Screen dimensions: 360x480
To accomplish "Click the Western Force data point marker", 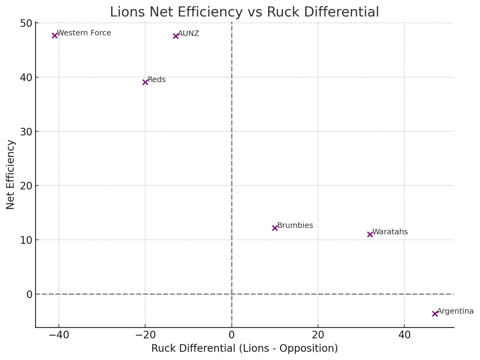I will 55,35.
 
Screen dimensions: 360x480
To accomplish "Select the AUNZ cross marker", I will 176,36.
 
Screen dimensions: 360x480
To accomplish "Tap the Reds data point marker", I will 145,82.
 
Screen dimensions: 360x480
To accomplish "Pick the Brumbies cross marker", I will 275,228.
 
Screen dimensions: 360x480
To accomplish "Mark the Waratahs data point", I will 370,234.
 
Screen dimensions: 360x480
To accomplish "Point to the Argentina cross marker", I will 435,314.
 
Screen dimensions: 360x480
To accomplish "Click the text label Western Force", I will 84,33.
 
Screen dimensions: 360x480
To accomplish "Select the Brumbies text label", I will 295,225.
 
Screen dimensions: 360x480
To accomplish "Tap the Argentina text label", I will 455,311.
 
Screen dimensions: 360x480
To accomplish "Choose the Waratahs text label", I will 390,232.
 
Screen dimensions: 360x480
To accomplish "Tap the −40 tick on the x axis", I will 59,335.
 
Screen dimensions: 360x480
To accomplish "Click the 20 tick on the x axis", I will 318,335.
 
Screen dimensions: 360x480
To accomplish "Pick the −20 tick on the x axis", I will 145,335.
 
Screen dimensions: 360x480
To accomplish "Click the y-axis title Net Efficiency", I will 10,175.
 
